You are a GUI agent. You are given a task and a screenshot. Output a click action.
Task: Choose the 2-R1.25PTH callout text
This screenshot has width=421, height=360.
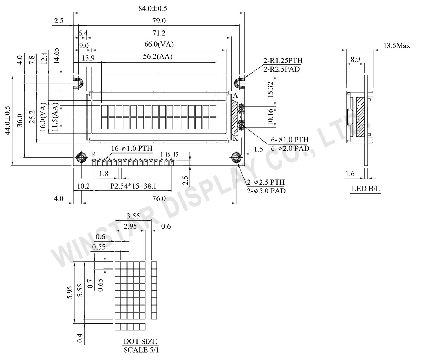click(283, 60)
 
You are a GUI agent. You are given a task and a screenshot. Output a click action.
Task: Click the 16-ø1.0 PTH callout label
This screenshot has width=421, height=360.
click(132, 148)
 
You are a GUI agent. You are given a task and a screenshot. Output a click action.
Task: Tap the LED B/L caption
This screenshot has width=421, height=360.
click(366, 189)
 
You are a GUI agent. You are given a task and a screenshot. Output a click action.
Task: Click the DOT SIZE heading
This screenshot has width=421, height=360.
click(140, 341)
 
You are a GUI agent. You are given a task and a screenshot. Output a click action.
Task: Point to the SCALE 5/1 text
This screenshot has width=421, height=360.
click(140, 350)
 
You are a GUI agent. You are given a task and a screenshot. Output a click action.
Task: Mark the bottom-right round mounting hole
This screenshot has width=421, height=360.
click(235, 158)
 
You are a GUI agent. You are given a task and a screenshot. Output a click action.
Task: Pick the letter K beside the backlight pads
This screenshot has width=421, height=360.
click(235, 138)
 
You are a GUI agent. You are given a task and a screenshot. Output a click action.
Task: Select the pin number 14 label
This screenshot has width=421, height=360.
click(93, 154)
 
